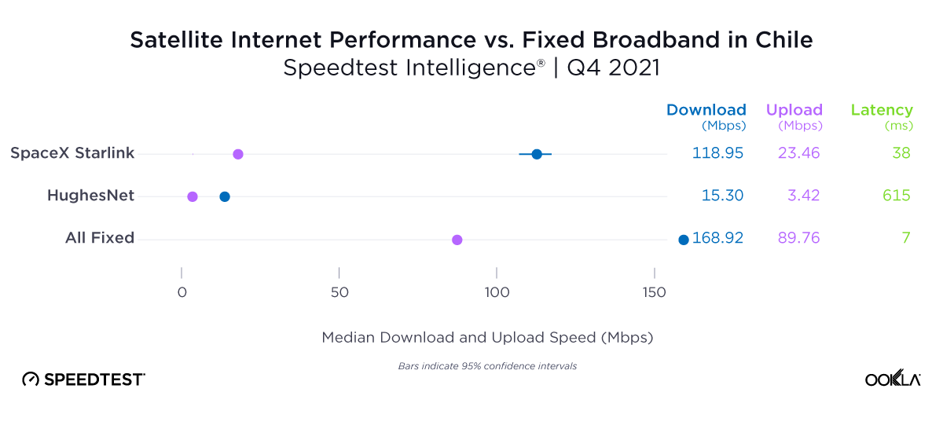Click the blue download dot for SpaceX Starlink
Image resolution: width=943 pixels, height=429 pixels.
pos(537,154)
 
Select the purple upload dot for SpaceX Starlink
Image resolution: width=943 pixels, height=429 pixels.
pos(238,154)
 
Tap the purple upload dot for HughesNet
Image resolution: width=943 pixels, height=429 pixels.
pos(193,196)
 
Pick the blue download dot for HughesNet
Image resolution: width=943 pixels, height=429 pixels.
pos(225,196)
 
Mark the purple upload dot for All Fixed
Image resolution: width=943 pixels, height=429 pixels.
pos(457,240)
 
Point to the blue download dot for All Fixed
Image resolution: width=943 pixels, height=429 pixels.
pos(684,240)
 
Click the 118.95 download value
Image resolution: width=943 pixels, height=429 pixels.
pos(717,153)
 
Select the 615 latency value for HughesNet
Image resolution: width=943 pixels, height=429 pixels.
pos(896,196)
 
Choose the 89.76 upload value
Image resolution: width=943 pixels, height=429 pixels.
pos(798,238)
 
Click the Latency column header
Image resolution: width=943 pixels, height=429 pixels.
pos(882,110)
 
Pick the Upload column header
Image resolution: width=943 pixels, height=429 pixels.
pos(794,110)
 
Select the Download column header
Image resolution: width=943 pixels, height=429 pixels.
pos(706,110)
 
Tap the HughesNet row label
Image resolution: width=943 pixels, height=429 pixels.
pos(90,196)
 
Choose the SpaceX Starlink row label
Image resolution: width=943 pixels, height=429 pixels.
pos(72,153)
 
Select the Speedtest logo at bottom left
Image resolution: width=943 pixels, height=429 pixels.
pos(83,379)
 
